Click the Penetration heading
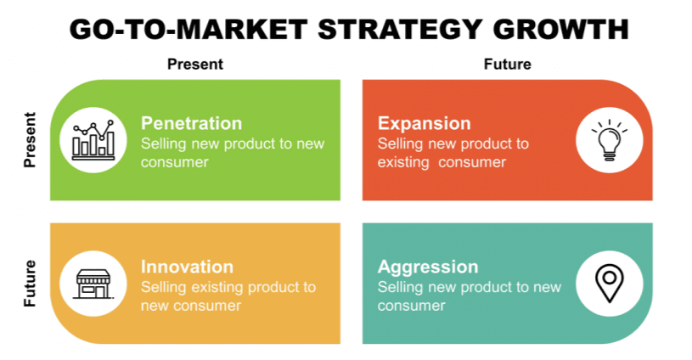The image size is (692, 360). (192, 123)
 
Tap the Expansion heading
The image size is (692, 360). (424, 124)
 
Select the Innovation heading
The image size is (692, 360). (187, 267)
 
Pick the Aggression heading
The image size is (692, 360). (428, 267)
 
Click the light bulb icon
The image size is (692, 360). (610, 140)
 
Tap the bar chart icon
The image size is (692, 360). (93, 140)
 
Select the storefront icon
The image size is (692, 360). (93, 284)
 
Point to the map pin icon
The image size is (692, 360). (610, 283)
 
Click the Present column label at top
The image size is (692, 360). (195, 65)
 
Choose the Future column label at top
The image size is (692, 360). (508, 65)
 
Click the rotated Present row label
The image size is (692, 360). (30, 140)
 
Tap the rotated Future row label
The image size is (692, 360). (30, 284)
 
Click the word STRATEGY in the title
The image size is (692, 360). (399, 30)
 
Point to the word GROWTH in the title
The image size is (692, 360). (560, 30)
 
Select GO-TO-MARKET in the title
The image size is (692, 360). (188, 30)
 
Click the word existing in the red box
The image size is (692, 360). (403, 162)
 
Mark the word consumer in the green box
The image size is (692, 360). (174, 162)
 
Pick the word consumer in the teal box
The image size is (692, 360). (411, 306)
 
